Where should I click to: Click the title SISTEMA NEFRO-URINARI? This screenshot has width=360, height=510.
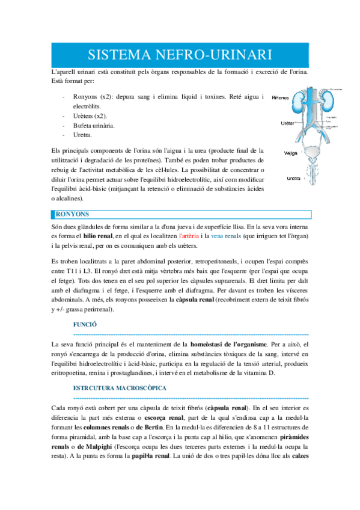point(180,55)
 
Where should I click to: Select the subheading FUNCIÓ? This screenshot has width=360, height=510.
point(85,324)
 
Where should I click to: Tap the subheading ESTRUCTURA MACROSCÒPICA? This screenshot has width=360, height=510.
point(120,371)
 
